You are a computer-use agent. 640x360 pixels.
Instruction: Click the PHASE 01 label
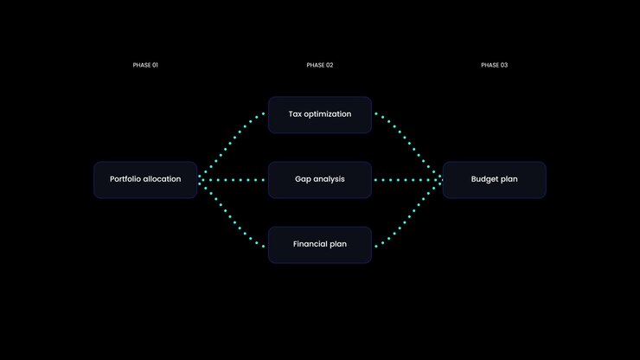(145, 65)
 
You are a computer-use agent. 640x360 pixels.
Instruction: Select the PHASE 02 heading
(320, 65)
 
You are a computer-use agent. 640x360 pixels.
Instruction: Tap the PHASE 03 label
(495, 65)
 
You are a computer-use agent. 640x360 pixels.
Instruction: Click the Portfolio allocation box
(145, 180)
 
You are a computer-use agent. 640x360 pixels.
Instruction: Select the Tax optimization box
(320, 115)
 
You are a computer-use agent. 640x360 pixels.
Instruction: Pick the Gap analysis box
(320, 180)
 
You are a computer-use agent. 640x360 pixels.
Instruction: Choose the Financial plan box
(320, 245)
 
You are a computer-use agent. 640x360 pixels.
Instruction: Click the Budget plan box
(495, 180)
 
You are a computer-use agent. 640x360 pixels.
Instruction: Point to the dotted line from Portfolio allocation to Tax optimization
(232, 145)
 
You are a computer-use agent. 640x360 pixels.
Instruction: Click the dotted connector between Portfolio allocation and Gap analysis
(232, 180)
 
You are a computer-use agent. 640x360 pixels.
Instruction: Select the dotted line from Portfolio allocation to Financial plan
(232, 214)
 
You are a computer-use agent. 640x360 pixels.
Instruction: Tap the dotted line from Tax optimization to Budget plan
(408, 145)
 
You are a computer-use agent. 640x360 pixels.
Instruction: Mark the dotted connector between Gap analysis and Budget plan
(408, 180)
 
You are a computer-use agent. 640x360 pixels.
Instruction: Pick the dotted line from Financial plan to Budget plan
(408, 214)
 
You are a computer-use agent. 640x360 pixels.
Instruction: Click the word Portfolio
(125, 179)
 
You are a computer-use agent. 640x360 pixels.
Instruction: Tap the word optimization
(328, 114)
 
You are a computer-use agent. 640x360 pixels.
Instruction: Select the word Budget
(483, 179)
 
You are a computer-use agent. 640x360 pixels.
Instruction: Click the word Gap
(303, 179)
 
